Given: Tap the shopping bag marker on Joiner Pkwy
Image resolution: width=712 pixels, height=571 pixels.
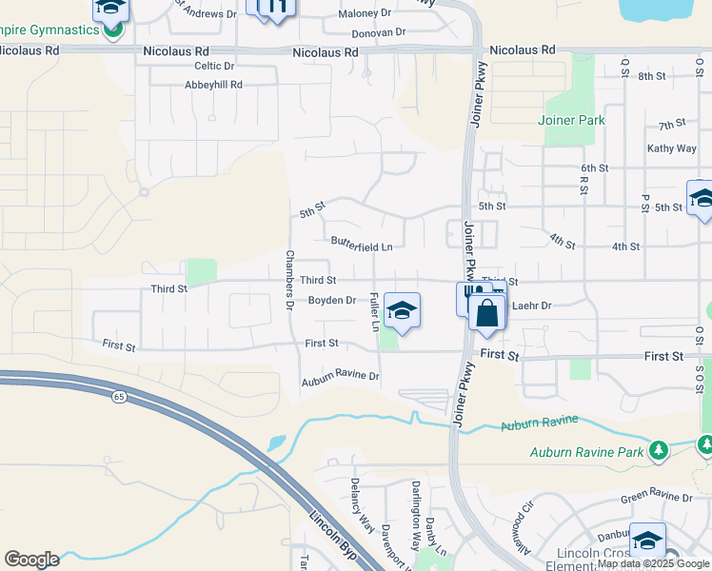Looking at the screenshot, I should [486, 314].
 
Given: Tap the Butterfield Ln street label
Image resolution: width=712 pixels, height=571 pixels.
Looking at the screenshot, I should [362, 246].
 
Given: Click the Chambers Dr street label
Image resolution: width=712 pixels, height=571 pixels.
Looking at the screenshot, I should [289, 280].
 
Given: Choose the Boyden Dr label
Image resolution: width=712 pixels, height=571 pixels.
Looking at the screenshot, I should [331, 300].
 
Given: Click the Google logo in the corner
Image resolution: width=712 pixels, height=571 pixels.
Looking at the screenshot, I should [31, 560].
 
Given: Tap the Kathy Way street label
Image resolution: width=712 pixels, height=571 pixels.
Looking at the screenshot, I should [672, 148].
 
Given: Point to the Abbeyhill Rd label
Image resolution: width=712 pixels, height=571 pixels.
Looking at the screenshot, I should [214, 85].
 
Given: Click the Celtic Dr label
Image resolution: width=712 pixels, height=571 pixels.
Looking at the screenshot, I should [214, 66].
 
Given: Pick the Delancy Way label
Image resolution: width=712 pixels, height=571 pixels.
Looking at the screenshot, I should [362, 505].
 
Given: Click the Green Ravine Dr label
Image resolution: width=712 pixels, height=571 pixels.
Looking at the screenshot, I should [657, 497].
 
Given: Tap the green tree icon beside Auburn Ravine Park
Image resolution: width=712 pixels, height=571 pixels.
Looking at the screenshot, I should [658, 448].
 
